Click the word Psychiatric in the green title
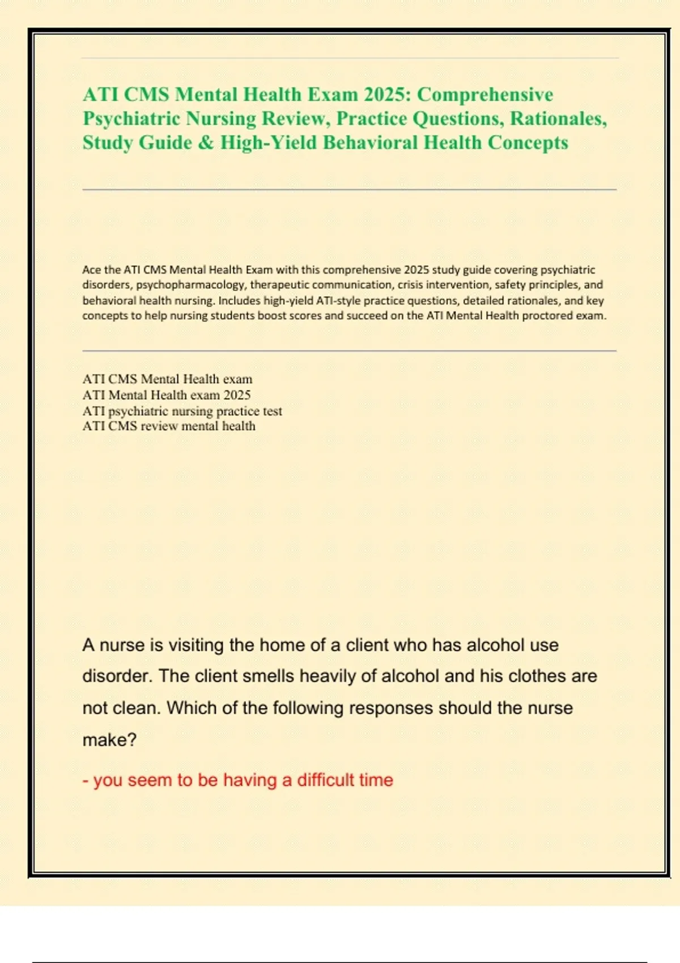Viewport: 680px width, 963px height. point(132,118)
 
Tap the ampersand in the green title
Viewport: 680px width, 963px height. point(206,142)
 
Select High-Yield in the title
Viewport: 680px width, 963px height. point(269,142)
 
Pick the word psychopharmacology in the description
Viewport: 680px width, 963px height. point(191,285)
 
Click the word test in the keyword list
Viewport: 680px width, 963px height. point(272,411)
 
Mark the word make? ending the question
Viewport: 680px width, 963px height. point(109,740)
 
